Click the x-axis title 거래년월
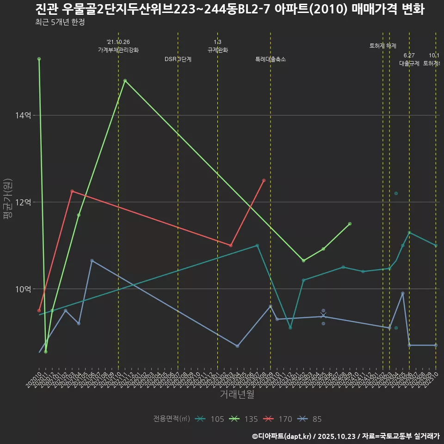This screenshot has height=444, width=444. (x=237, y=394)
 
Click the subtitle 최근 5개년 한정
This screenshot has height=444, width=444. (x=60, y=22)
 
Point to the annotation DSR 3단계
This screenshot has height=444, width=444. (x=178, y=59)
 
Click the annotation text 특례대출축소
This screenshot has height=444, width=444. (x=271, y=59)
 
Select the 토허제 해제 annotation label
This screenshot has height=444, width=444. (x=383, y=46)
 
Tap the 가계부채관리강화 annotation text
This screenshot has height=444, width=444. (x=118, y=49)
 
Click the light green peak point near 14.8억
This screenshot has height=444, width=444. (x=125, y=80)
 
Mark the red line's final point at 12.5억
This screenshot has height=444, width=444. (x=264, y=180)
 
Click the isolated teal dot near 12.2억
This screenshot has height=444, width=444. (x=396, y=193)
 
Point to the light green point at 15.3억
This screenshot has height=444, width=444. (x=39, y=59)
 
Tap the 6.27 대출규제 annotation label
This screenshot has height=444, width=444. (x=409, y=60)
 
